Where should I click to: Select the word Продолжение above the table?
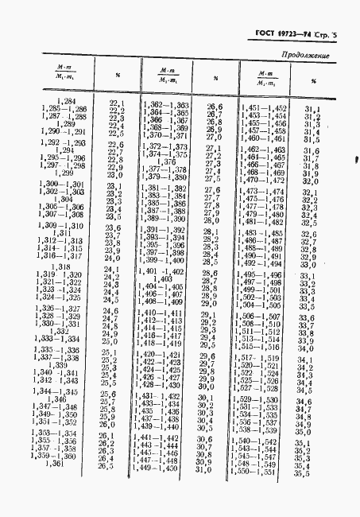pos(304,56)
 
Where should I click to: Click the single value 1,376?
pos(169,161)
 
